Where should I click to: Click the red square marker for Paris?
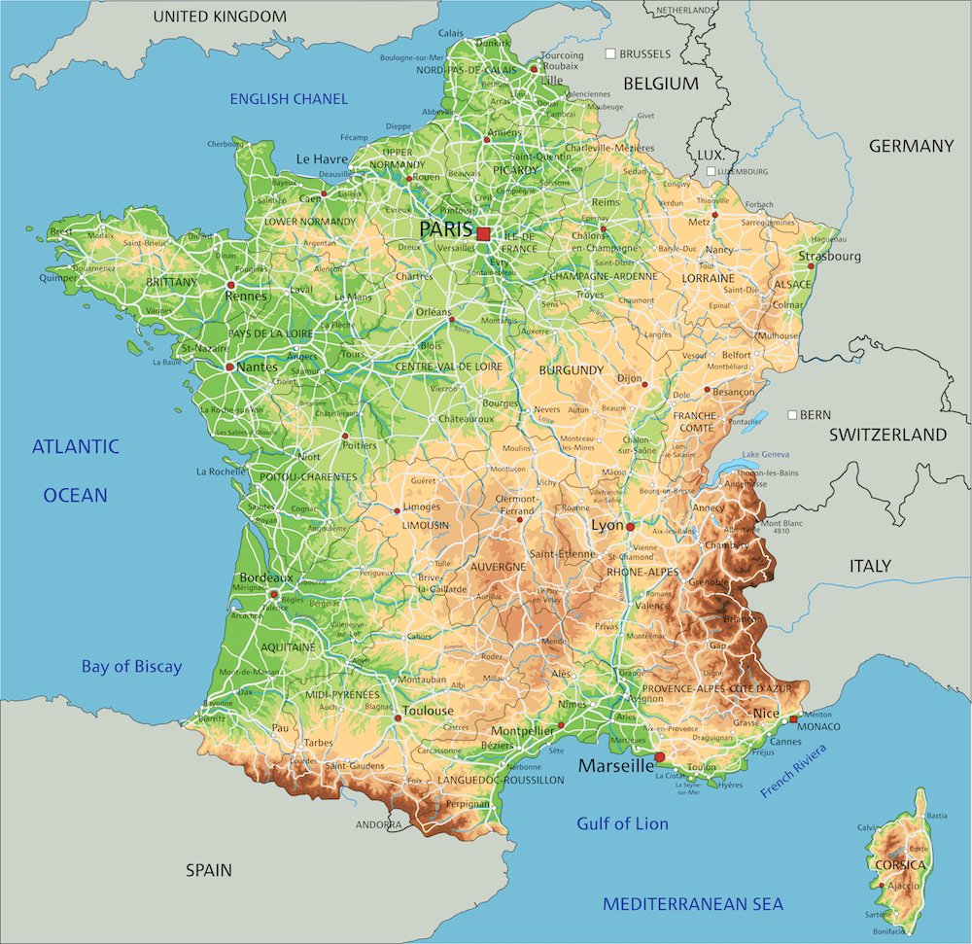[x=483, y=233]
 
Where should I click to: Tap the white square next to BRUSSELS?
[x=610, y=54]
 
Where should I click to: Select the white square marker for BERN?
[x=792, y=414]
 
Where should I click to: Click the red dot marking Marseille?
[x=660, y=756]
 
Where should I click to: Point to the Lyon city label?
[x=607, y=525]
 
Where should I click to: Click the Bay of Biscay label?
[x=131, y=667]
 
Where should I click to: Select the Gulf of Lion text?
[x=622, y=823]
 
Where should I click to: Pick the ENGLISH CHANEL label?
[x=288, y=99]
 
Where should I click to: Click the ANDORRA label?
[x=378, y=825]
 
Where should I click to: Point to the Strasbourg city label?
[x=830, y=257]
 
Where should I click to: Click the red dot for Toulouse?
[x=398, y=718]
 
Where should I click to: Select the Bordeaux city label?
[x=266, y=577]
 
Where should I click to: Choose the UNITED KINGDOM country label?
[x=220, y=17]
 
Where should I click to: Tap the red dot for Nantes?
[x=229, y=367]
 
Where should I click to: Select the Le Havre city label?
[x=321, y=159]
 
